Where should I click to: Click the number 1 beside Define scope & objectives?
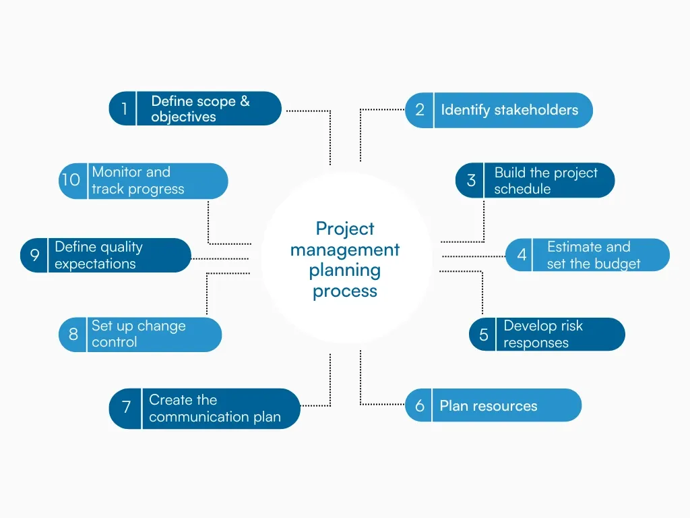[x=123, y=109]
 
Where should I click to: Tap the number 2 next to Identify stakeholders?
[x=420, y=110]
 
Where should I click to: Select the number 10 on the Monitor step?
[x=71, y=180]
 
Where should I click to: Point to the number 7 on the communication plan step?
[x=126, y=408]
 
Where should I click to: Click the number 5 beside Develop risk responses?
[x=484, y=335]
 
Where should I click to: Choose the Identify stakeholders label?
[x=509, y=110]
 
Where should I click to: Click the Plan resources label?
[x=489, y=406]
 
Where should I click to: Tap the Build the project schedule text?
[x=546, y=181]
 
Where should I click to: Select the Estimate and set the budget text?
[x=593, y=255]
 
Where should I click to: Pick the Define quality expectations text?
[x=98, y=255]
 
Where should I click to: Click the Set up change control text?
[x=138, y=334]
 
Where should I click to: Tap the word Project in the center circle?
[x=345, y=229]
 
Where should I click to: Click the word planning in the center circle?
[x=345, y=270]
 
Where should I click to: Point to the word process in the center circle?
[x=345, y=291]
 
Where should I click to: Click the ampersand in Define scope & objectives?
[x=244, y=101]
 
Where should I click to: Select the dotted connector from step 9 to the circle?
[x=220, y=258]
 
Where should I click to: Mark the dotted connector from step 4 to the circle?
[x=473, y=256]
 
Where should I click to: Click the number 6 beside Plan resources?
[x=420, y=405]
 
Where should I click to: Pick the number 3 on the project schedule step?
[x=471, y=180]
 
